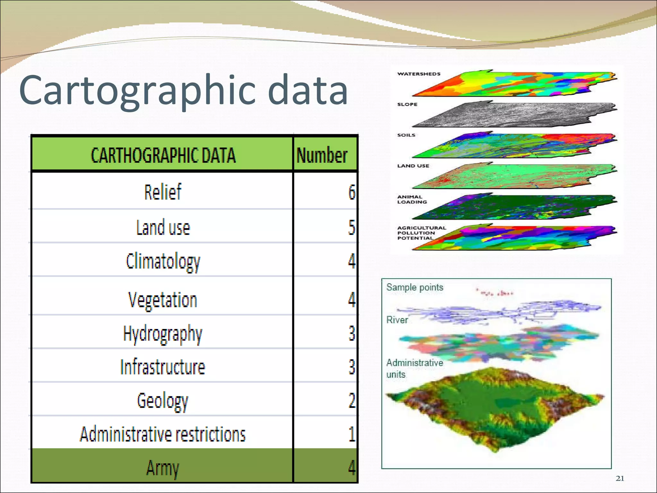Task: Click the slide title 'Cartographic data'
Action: (x=183, y=90)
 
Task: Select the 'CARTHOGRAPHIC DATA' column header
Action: (x=163, y=155)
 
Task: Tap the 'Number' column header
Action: (x=322, y=155)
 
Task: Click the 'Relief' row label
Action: (x=163, y=192)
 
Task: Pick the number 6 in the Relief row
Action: (x=352, y=192)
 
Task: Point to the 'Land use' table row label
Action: (x=163, y=227)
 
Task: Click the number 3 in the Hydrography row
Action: (x=352, y=333)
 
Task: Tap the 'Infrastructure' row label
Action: (x=163, y=367)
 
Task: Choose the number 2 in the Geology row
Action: (x=352, y=400)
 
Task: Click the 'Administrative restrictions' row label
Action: (x=163, y=434)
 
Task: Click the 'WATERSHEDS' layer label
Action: (x=419, y=74)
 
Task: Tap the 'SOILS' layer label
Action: (x=406, y=135)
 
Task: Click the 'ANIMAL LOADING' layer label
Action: (x=412, y=199)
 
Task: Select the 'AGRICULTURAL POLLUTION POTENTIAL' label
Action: (x=422, y=233)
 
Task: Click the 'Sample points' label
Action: (x=414, y=287)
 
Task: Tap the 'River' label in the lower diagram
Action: (x=397, y=320)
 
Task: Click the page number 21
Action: (x=620, y=479)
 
